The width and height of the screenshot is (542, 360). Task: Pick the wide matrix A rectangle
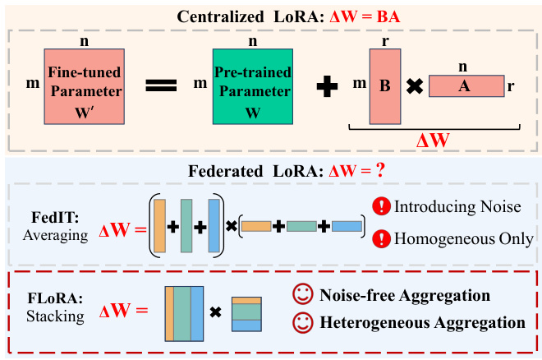[x=466, y=85]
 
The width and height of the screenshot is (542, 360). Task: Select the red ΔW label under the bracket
[x=433, y=140]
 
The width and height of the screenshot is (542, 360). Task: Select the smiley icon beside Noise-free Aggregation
[x=302, y=294]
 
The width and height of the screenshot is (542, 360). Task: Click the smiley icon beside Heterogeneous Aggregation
[x=302, y=322]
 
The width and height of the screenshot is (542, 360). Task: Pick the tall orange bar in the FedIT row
[x=159, y=224]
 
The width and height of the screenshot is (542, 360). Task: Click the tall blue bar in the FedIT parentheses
[x=214, y=224]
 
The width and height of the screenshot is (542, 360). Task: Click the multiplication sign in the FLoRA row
[x=216, y=312]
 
